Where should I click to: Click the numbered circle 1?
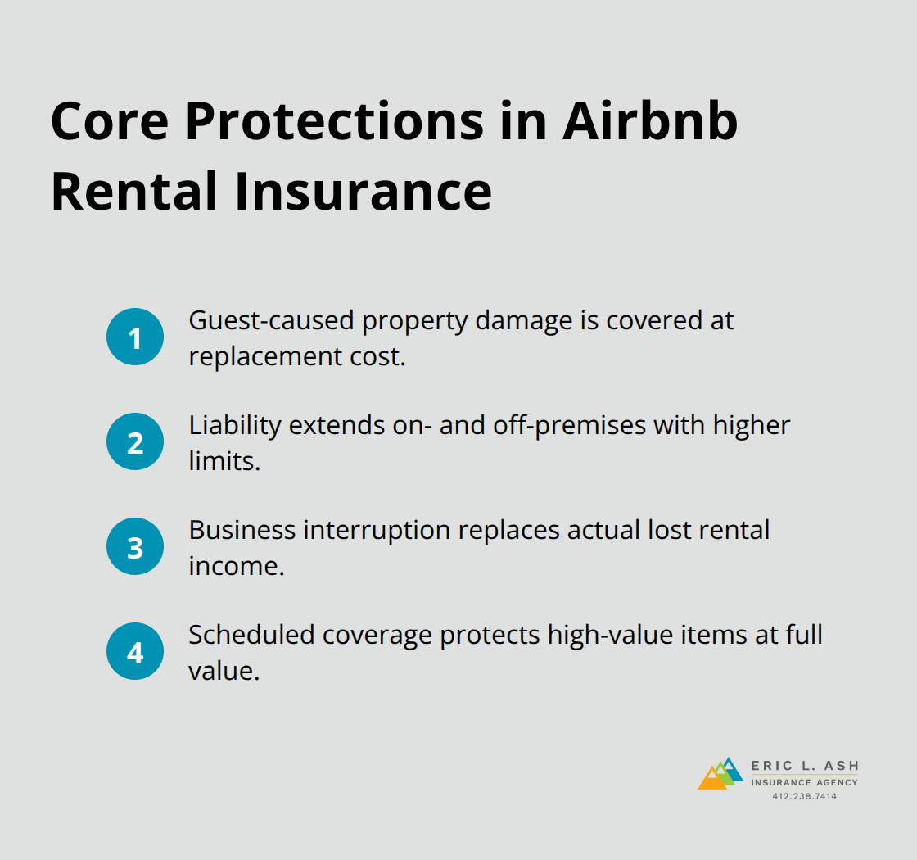pyautogui.click(x=135, y=337)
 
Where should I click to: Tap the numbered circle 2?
pyautogui.click(x=135, y=442)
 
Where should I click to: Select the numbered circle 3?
pyautogui.click(x=135, y=547)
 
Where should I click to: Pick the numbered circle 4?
pyautogui.click(x=135, y=653)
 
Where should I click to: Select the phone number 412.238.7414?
pyautogui.click(x=805, y=797)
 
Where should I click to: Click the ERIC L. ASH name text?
pyautogui.click(x=805, y=767)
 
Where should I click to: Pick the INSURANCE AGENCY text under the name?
pyautogui.click(x=805, y=783)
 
